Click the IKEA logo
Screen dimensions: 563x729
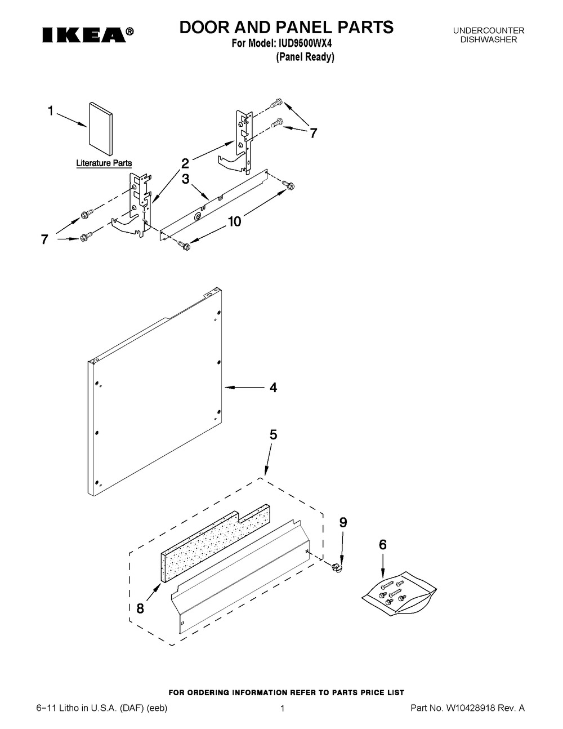tap(88, 35)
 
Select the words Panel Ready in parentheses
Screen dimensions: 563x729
tap(305, 57)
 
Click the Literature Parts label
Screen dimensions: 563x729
tap(104, 163)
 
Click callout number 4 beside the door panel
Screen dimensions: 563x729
tap(274, 388)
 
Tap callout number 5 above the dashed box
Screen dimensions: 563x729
tap(274, 435)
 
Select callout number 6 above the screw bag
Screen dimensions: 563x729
tap(383, 545)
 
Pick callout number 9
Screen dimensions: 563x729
tap(343, 522)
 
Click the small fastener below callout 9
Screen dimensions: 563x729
tap(337, 568)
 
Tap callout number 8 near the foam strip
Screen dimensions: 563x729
tap(140, 608)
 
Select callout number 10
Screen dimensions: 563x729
tap(235, 221)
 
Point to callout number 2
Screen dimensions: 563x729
tap(185, 164)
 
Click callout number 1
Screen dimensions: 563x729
tap(51, 111)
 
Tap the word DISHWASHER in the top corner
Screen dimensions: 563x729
tap(489, 39)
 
